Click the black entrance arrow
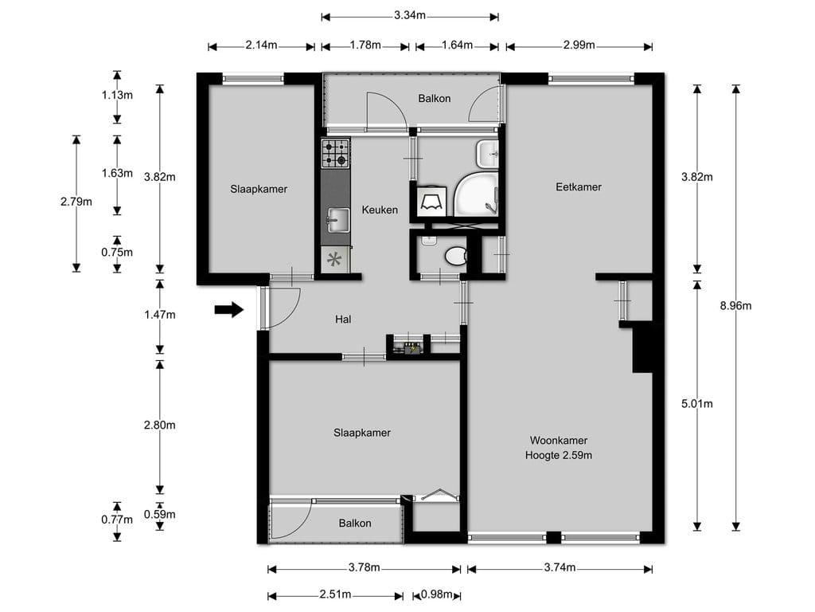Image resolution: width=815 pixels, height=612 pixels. tap(229, 310)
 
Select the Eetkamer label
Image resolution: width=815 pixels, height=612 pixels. tap(579, 187)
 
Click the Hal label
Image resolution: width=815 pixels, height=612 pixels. tap(344, 319)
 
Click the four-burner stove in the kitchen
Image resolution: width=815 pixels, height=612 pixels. tap(335, 153)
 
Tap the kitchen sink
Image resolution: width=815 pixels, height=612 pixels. tap(337, 219)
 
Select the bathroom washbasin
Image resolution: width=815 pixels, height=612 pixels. tap(486, 152)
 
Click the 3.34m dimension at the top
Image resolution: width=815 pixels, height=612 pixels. tap(410, 15)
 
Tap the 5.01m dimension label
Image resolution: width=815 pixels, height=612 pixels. tap(697, 404)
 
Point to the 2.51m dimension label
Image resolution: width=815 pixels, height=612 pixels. tap(335, 595)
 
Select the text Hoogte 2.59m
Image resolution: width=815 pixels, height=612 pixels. tap(559, 456)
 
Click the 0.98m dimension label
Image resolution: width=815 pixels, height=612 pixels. tap(437, 595)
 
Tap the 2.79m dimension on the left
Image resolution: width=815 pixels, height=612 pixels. tap(76, 202)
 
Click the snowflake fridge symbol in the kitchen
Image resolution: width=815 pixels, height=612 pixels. tap(335, 259)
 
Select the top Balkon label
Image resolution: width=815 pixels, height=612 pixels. tap(435, 99)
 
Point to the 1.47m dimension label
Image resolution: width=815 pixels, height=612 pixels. tap(160, 315)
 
